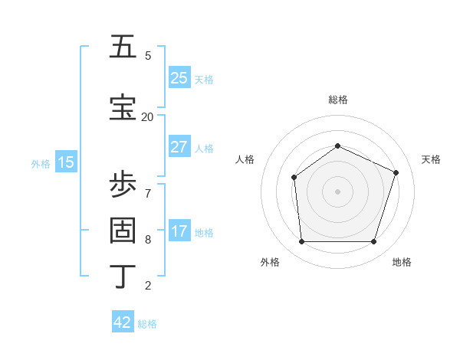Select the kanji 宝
coord(123,107)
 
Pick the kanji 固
coord(123,230)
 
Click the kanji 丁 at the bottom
coord(123,276)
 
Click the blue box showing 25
coord(179,78)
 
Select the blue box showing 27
coord(179,147)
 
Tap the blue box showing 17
coord(179,231)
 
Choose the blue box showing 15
coord(66,162)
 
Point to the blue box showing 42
coord(123,322)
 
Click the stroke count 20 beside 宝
coord(147,116)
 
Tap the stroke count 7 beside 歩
coord(147,192)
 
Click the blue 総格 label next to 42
coord(147,324)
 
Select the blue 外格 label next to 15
coord(41,163)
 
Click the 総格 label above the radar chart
coord(337,100)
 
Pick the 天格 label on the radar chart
coord(431,159)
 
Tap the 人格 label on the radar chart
coord(245,159)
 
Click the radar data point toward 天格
coord(396,172)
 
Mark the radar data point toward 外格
coord(301,242)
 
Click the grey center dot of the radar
coord(337,191)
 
